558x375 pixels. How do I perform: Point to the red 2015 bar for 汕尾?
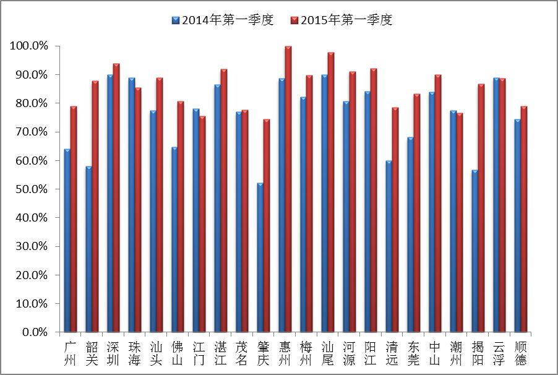(x=331, y=192)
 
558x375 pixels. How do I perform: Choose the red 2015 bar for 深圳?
(x=116, y=197)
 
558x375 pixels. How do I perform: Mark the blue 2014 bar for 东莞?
(x=410, y=235)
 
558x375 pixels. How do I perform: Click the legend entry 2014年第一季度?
(x=222, y=20)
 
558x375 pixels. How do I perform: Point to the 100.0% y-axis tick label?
(x=28, y=46)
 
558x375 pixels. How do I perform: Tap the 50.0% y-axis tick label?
(x=30, y=189)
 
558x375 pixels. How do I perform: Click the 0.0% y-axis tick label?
(x=33, y=332)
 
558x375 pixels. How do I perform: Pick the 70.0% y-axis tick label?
(x=30, y=132)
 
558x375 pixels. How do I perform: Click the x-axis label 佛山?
(x=178, y=352)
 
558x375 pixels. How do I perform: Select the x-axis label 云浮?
(x=499, y=352)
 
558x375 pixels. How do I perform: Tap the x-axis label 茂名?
(x=242, y=352)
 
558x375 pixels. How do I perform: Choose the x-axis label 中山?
(x=435, y=352)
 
